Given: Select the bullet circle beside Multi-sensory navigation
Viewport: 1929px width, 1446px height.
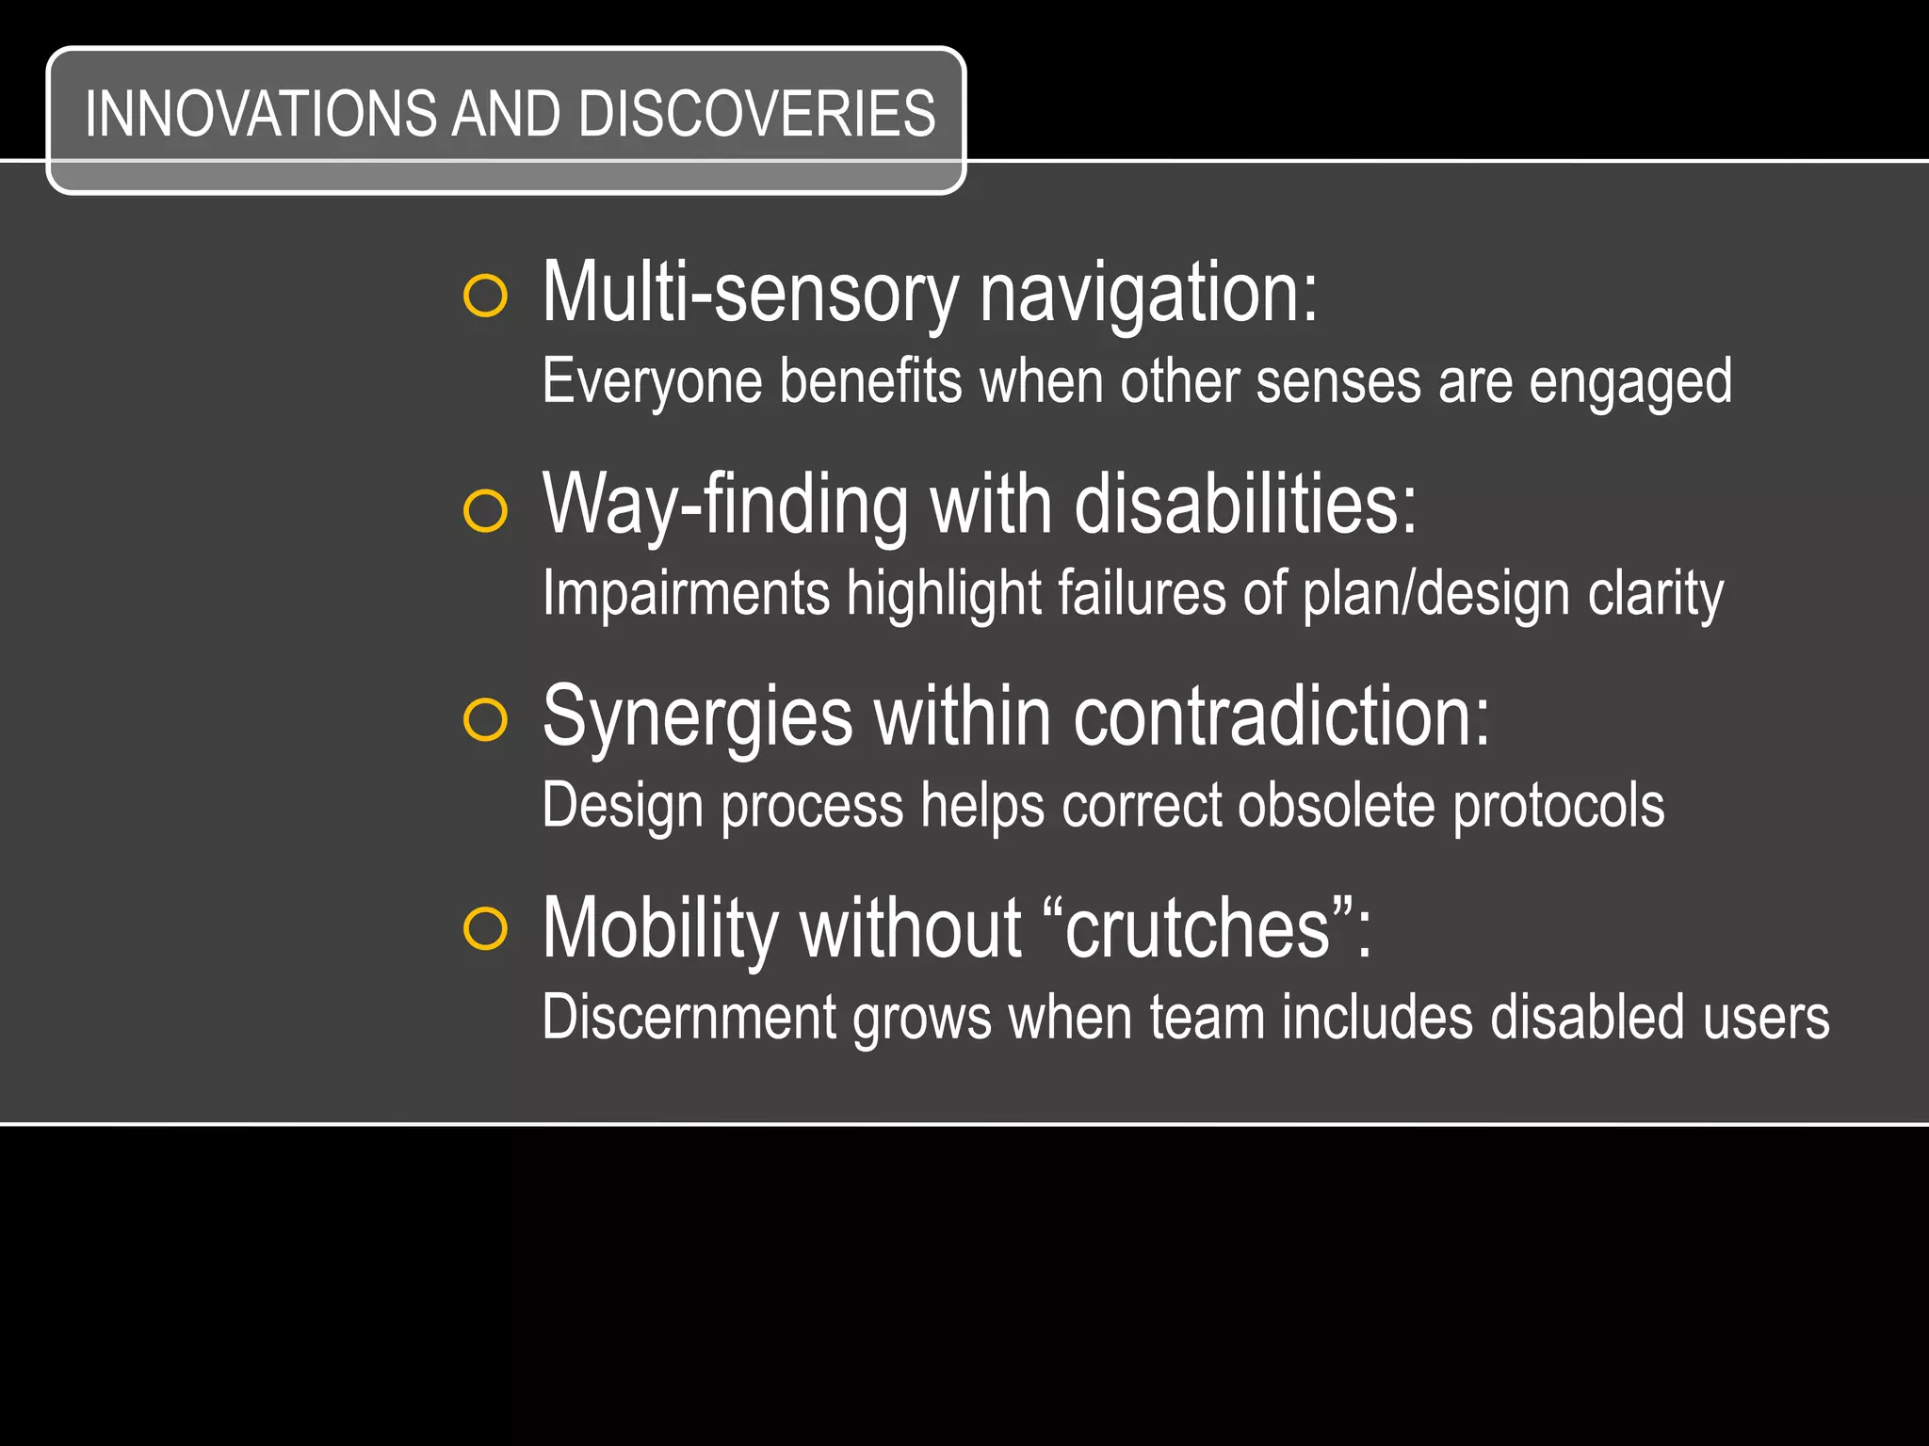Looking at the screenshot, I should coord(486,297).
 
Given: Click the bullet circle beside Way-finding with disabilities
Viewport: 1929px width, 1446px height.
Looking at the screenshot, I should coord(486,511).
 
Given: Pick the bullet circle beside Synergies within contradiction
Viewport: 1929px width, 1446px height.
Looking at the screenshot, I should coord(486,720).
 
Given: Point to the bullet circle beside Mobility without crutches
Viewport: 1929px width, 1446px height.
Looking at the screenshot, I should coord(486,929).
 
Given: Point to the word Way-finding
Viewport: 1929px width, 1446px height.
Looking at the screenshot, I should coord(725,506).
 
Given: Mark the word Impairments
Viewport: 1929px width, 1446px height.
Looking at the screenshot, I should coord(686,594).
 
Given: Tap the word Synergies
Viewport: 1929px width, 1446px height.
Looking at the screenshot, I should coord(697,718).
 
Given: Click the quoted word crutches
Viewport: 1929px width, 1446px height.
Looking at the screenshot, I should coord(1197,929).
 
